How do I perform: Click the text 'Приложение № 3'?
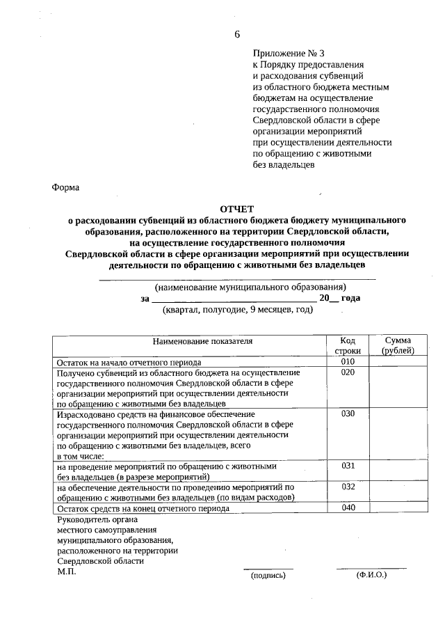point(288,53)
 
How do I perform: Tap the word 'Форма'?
point(66,187)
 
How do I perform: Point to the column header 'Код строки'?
point(348,345)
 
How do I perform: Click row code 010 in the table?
point(348,362)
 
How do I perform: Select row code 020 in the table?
point(348,372)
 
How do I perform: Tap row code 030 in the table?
point(348,414)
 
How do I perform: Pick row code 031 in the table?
point(348,466)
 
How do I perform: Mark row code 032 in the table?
point(348,487)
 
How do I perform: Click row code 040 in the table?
point(348,507)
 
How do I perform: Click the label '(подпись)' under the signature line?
point(268,576)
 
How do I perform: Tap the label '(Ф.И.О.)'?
point(371,575)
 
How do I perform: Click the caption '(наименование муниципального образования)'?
point(250,287)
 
